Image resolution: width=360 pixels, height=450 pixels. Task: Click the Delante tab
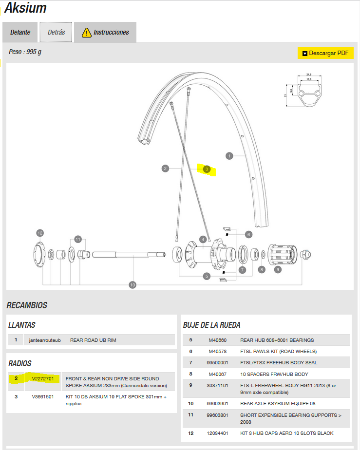point(20,32)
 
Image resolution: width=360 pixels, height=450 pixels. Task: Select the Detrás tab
point(56,32)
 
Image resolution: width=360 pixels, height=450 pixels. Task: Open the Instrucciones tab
point(105,32)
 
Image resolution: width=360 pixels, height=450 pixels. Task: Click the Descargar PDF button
point(325,53)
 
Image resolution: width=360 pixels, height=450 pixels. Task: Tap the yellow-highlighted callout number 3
point(207,169)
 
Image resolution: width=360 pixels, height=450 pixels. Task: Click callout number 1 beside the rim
point(229,156)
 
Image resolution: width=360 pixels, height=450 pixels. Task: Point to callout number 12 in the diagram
point(40,233)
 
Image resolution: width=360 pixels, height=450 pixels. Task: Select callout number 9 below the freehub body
point(278,269)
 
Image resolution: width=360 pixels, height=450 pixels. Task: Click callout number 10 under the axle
point(132,284)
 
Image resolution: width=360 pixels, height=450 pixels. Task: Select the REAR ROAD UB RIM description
point(93,340)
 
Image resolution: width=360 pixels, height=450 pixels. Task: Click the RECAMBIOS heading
point(27,305)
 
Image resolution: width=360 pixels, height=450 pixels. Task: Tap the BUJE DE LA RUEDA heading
point(211,325)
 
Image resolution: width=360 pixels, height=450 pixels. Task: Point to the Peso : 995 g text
point(25,52)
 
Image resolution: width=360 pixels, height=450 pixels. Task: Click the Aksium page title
point(25,8)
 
